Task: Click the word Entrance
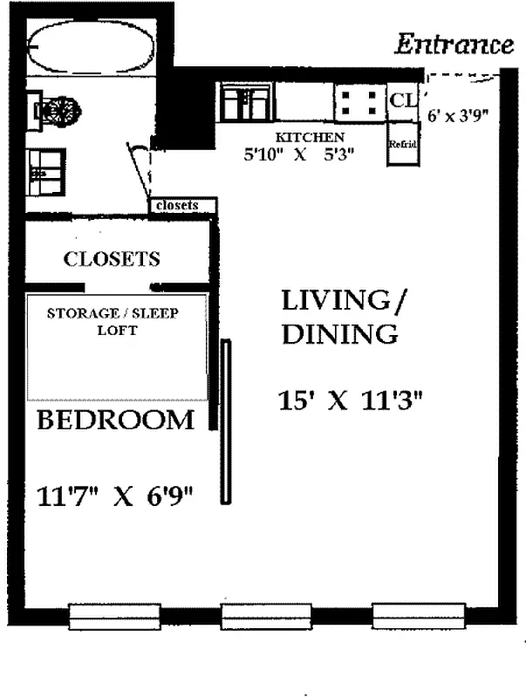click(454, 44)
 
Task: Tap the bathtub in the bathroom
click(91, 48)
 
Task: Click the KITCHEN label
click(310, 138)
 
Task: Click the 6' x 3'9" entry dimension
click(463, 114)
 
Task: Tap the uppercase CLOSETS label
click(112, 259)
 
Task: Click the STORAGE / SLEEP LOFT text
click(112, 322)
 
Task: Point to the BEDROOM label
click(115, 420)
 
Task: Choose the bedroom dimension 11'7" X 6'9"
click(114, 496)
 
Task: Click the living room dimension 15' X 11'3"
click(351, 400)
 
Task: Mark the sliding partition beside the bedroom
click(227, 421)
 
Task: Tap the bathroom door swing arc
click(140, 170)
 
